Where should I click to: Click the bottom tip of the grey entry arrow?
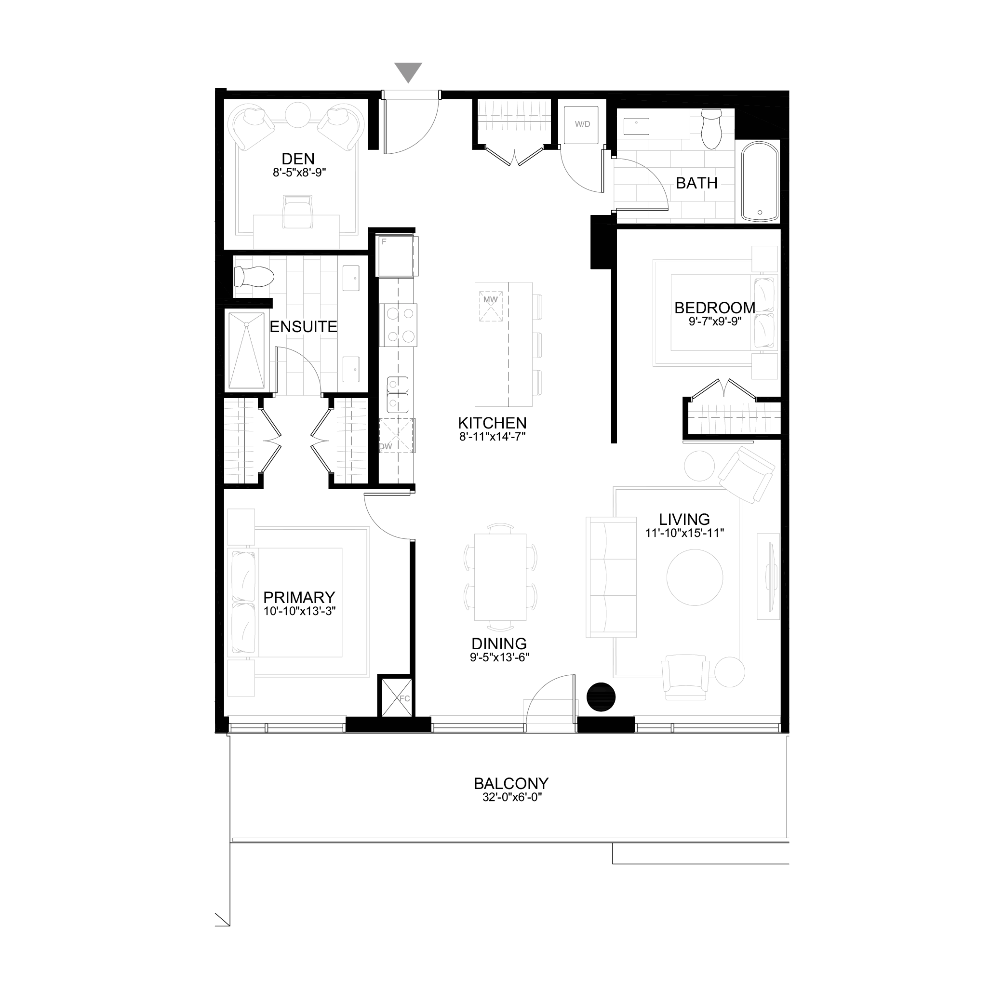(x=408, y=82)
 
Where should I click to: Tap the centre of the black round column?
(x=601, y=696)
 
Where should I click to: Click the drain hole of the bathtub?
(x=760, y=212)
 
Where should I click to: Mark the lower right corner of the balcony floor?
(x=789, y=838)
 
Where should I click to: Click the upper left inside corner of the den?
(x=224, y=99)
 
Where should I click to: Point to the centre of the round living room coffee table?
(x=695, y=577)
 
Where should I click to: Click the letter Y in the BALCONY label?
(x=543, y=783)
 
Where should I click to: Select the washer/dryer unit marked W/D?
(x=582, y=125)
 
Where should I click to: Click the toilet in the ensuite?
(x=254, y=277)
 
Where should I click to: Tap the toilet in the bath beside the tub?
(x=711, y=128)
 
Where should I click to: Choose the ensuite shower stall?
(x=247, y=350)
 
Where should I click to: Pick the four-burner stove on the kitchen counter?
(x=398, y=325)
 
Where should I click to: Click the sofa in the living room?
(x=611, y=577)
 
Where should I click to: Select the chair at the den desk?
(x=298, y=212)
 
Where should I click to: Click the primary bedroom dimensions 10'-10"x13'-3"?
(x=299, y=611)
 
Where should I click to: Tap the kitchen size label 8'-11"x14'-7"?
(x=492, y=437)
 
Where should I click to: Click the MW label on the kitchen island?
(x=491, y=300)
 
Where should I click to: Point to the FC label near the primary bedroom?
(x=405, y=698)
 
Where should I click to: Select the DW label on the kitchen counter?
(x=386, y=446)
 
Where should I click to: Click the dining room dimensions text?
(x=499, y=657)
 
